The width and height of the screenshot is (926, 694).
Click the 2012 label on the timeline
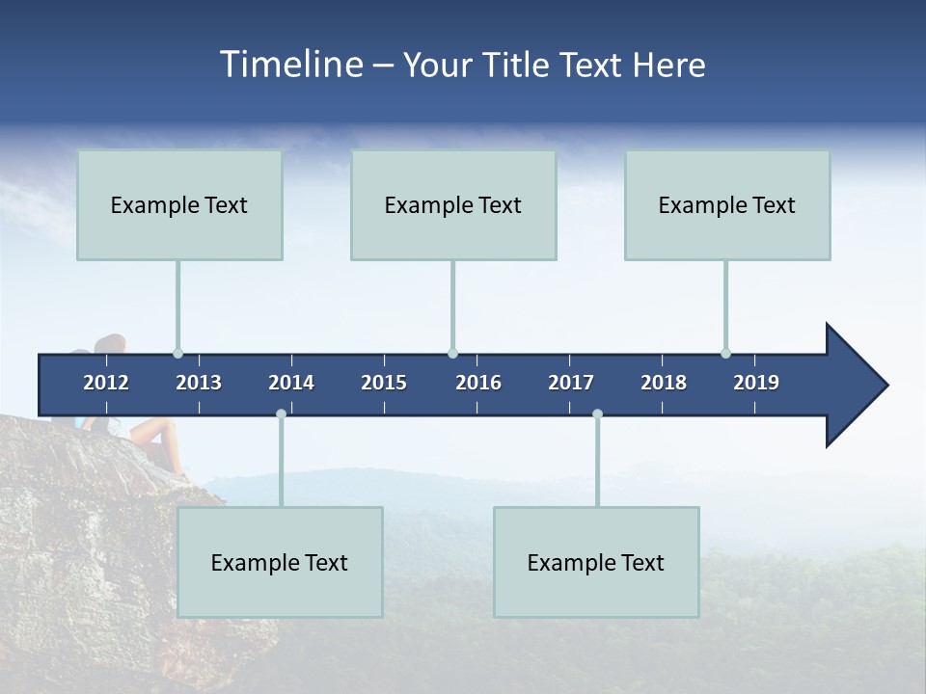pos(106,383)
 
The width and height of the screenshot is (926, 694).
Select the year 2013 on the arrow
pos(199,383)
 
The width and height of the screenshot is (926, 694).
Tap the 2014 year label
pos(291,383)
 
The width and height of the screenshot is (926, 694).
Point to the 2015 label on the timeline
pos(384,383)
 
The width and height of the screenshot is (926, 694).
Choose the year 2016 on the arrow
pos(478,383)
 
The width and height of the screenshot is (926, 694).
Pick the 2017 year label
pos(571,383)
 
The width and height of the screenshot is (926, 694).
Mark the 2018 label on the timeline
pos(664,383)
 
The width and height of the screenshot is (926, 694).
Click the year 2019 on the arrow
pos(756,383)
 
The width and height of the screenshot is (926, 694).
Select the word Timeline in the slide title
pos(289,65)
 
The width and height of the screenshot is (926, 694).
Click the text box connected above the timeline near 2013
pos(179,204)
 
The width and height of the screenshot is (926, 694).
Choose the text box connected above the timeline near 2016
pos(453,204)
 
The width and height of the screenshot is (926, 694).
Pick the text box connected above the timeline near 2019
pos(727,204)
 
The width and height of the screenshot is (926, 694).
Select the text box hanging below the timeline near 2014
pos(280,562)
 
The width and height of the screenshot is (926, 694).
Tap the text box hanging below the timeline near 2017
pos(596,562)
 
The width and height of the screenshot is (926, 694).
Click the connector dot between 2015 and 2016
pos(452,353)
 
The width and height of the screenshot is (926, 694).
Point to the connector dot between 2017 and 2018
pos(597,414)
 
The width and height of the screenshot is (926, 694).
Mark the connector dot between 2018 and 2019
pos(725,353)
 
